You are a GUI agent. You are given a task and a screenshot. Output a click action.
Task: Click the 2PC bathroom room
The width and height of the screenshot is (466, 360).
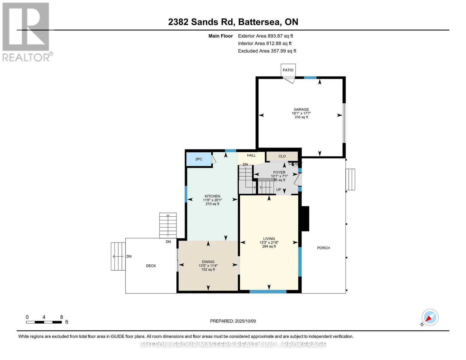(198, 159)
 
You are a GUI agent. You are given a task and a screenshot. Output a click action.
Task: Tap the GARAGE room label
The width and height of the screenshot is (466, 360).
(301, 110)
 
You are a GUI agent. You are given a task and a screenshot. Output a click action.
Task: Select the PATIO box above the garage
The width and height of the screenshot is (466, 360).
(288, 70)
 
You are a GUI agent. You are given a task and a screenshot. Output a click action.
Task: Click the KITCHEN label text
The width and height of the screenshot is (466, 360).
(212, 196)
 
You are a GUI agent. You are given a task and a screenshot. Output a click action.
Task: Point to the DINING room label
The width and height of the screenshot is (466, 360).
(208, 262)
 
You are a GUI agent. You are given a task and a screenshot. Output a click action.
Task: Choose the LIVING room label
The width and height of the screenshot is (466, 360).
(269, 239)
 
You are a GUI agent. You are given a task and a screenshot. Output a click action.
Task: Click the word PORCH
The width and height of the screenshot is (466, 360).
(323, 248)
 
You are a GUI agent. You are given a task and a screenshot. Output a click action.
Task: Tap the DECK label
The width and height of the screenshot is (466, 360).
(151, 266)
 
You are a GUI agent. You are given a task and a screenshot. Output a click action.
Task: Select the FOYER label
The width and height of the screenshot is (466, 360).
(279, 172)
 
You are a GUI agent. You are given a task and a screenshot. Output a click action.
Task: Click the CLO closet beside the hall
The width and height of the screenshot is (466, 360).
(282, 156)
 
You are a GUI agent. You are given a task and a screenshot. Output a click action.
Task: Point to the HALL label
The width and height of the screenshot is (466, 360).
(251, 155)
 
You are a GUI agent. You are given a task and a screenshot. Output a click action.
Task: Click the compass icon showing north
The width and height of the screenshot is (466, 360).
(430, 317)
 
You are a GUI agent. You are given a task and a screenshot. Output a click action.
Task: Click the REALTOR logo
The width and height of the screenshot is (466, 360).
(26, 32)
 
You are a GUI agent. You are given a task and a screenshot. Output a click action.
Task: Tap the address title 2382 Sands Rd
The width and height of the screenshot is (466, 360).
(233, 22)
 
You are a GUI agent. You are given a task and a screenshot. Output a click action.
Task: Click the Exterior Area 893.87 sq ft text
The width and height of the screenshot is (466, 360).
(265, 36)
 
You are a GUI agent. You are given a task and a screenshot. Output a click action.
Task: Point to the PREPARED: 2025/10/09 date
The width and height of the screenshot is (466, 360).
(233, 321)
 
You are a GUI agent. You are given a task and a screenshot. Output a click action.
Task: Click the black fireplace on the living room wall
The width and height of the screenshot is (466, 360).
(305, 218)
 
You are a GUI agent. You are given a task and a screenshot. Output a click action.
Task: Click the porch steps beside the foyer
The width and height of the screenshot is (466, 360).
(350, 179)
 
